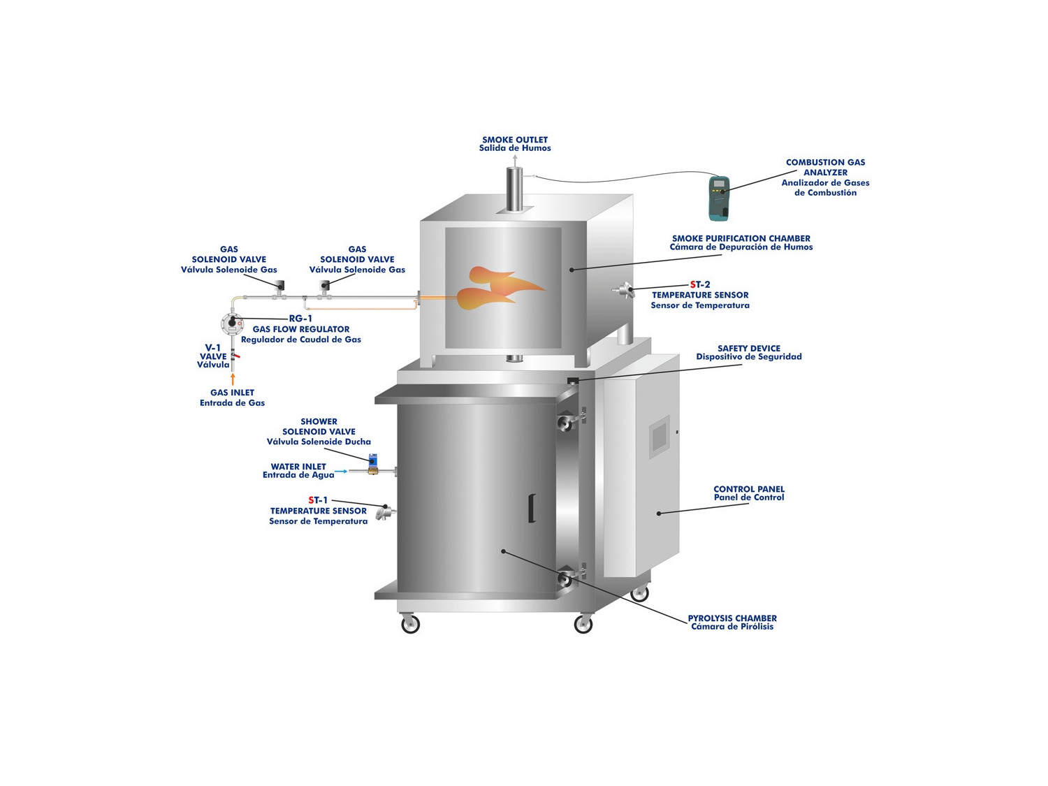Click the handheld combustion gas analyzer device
tap(718, 198)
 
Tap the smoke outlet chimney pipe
tap(514, 189)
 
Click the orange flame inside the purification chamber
tap(500, 288)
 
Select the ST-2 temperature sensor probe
tap(623, 289)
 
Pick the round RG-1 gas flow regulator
tap(233, 324)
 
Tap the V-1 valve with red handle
tap(233, 356)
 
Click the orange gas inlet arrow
tap(233, 379)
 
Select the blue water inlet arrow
tap(341, 472)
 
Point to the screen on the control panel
tap(660, 437)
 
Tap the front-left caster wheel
tap(410, 624)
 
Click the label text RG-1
tap(300, 319)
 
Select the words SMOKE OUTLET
tap(515, 140)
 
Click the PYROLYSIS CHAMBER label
tap(732, 618)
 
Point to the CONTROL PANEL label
tap(749, 488)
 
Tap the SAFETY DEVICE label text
tap(749, 349)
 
